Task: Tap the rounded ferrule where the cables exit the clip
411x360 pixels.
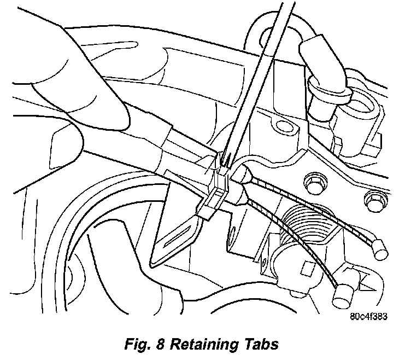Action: point(240,178)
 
